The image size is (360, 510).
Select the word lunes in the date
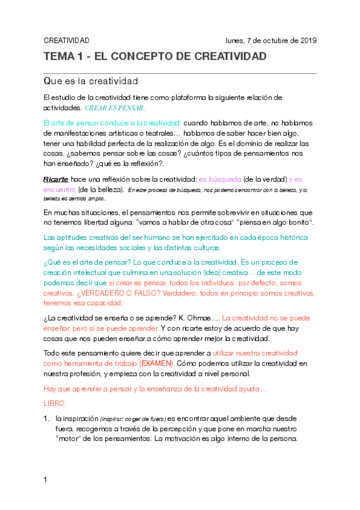235,40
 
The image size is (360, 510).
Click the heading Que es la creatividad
91,81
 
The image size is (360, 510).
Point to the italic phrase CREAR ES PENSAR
115,108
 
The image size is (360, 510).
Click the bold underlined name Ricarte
56,179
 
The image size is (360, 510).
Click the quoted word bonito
295,223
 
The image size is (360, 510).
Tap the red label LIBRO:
55,402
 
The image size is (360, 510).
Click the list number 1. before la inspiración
47,418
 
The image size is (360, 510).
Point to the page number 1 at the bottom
45,480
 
